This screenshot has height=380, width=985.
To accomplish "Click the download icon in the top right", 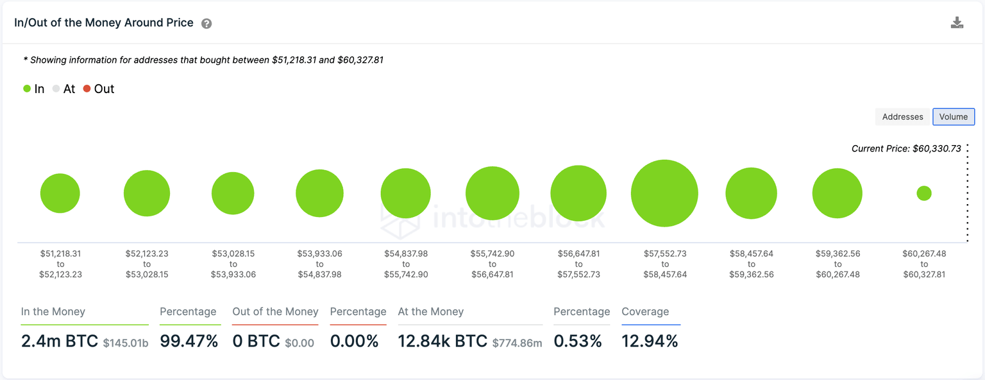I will [x=957, y=23].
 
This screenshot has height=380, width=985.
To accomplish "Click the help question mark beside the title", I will [x=206, y=24].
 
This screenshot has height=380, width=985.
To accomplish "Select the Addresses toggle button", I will [x=902, y=117].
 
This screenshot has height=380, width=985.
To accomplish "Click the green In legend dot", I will [x=27, y=89].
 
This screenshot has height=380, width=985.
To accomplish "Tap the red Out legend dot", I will [x=87, y=89].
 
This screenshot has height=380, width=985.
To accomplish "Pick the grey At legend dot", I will [x=56, y=89].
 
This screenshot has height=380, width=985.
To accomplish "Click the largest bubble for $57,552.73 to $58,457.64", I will [x=664, y=193].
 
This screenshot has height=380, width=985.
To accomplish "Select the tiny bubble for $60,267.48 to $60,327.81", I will [x=923, y=193].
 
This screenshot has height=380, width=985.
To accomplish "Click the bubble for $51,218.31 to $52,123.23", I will [x=60, y=193].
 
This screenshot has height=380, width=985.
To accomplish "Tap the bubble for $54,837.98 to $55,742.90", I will [x=405, y=193].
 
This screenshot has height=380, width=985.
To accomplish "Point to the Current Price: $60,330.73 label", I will [x=905, y=148].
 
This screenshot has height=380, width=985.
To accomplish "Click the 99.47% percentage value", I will [x=189, y=341].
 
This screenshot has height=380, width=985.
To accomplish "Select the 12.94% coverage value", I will [x=650, y=341].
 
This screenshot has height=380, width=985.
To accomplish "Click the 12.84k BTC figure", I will [x=442, y=341].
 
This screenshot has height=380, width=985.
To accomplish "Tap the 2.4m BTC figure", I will [x=59, y=341].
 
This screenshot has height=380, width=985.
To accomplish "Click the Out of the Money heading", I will [x=275, y=312].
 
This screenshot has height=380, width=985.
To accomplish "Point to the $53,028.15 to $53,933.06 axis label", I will [x=233, y=264].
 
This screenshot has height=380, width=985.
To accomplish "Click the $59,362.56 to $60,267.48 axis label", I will [x=838, y=264].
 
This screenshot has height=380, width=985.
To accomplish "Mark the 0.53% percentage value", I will [x=578, y=341].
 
